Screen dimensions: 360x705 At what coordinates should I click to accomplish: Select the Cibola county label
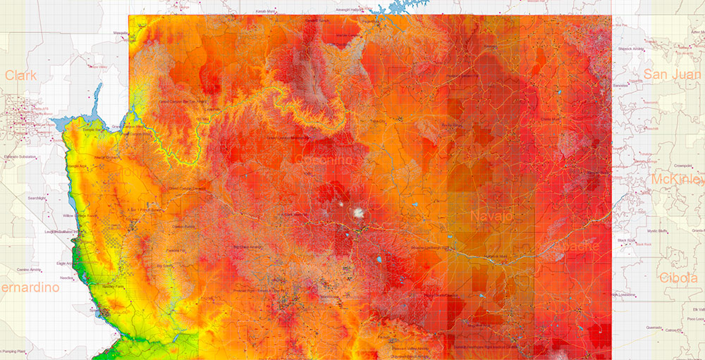point(679,278)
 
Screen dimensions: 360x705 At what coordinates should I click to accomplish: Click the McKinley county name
point(678,179)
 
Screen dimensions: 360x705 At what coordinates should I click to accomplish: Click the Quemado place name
point(653,326)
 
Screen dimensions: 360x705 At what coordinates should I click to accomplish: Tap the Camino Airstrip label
point(30,269)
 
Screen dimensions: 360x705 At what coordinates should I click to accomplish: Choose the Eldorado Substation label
point(20,156)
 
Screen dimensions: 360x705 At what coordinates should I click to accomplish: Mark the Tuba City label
point(379,121)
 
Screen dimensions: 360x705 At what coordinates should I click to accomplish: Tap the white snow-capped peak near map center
point(359,211)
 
